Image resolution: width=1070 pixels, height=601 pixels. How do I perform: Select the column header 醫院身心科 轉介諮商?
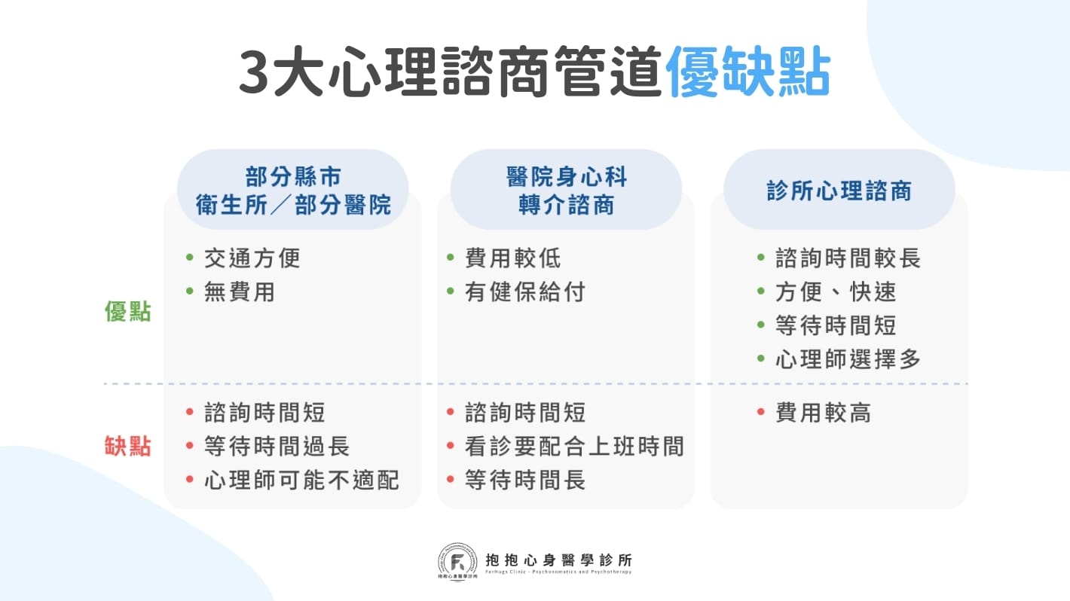[x=566, y=191]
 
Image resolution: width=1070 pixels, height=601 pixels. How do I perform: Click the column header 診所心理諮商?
[x=839, y=191]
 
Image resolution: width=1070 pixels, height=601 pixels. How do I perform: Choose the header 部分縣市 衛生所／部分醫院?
[x=293, y=191]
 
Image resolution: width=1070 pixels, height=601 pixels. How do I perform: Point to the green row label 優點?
[x=127, y=312]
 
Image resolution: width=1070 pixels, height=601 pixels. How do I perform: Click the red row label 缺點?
[x=127, y=446]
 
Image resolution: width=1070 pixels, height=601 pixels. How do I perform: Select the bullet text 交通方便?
[x=252, y=258]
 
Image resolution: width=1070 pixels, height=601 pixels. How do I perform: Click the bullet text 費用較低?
[x=512, y=258]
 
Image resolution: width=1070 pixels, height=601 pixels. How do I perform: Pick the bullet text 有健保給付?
[x=524, y=291]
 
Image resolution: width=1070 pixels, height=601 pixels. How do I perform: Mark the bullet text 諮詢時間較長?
[x=848, y=258]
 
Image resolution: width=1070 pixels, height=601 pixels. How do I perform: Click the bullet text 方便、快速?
[x=836, y=291]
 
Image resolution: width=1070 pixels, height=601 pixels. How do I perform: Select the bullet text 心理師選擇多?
[x=848, y=359]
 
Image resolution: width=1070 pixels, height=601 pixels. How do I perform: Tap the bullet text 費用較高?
[x=823, y=413]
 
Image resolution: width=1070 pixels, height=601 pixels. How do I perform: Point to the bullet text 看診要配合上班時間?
[x=574, y=446]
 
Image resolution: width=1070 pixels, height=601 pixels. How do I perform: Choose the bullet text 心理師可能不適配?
[x=301, y=480]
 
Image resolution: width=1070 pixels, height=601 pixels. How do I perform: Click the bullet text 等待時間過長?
[x=277, y=446]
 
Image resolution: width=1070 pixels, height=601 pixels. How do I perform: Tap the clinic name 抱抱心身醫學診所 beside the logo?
[x=559, y=560]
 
